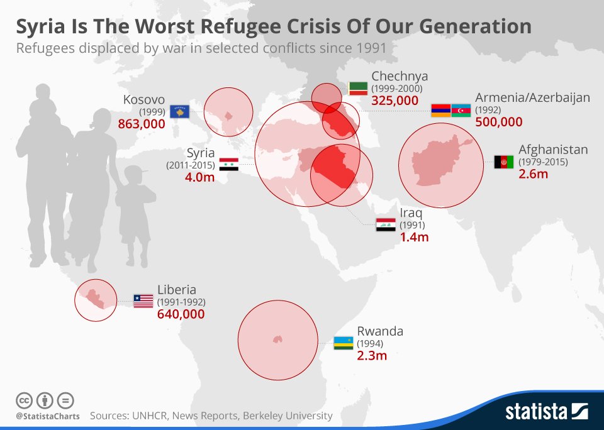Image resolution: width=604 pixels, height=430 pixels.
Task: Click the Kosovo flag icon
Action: (180, 111)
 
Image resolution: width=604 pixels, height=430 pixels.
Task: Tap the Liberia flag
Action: (143, 300)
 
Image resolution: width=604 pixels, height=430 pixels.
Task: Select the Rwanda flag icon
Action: (344, 343)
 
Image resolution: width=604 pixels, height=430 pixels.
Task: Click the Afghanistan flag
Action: (504, 162)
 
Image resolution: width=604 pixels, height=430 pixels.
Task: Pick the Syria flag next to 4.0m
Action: (228, 165)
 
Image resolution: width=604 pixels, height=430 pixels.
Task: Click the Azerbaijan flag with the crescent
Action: (461, 110)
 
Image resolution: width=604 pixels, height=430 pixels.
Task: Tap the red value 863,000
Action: (142, 124)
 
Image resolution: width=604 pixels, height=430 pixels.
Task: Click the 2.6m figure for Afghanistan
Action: (534, 174)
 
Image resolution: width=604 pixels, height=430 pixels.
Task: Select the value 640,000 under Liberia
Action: (181, 314)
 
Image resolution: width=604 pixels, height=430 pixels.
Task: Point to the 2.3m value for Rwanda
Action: (372, 356)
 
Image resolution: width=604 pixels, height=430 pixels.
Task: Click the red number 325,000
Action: (395, 100)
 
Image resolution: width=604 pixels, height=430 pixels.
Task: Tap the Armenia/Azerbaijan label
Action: (532, 97)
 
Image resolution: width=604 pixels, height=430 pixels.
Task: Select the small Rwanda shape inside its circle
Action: (277, 339)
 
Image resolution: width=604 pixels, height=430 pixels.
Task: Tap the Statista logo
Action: (546, 412)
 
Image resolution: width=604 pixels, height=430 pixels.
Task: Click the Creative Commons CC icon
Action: (24, 400)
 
